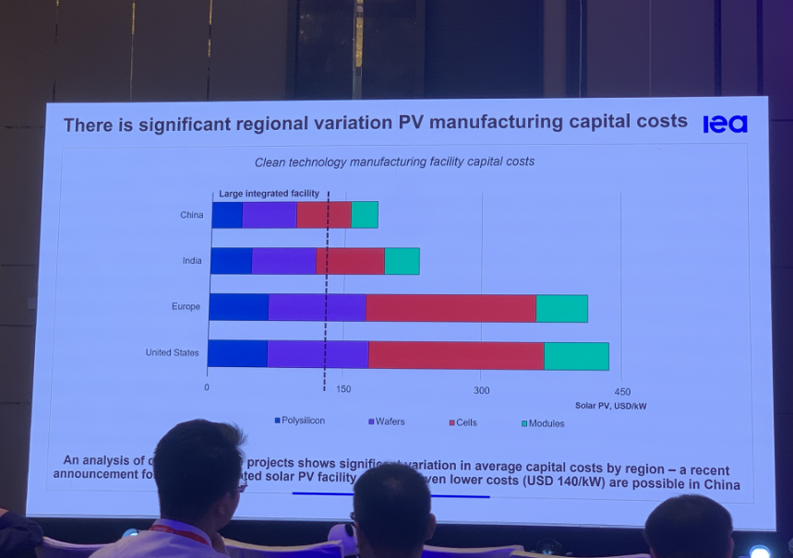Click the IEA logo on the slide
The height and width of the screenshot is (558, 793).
pos(725,124)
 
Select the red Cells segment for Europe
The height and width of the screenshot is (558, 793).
pos(451,308)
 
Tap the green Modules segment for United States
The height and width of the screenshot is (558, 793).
pos(576,356)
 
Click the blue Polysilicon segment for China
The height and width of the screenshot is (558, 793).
pos(227,215)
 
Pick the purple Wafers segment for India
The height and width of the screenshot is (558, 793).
pos(283,261)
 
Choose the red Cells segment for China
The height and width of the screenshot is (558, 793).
pos(324,215)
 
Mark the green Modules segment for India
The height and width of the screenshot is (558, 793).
pos(402,261)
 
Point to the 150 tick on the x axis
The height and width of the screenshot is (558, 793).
pos(343,389)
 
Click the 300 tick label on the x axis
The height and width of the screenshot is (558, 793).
pos(482,390)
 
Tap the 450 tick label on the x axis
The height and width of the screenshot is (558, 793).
pos(622,391)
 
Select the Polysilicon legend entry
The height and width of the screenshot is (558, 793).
pos(299,421)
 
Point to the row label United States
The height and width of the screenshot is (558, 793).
pos(172,352)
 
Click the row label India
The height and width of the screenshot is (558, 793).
pos(191,260)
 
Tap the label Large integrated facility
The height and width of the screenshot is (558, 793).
pos(269,194)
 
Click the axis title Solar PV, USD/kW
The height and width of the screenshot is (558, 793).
pos(610,405)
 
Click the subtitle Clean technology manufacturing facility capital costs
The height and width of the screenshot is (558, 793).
pos(394,161)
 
